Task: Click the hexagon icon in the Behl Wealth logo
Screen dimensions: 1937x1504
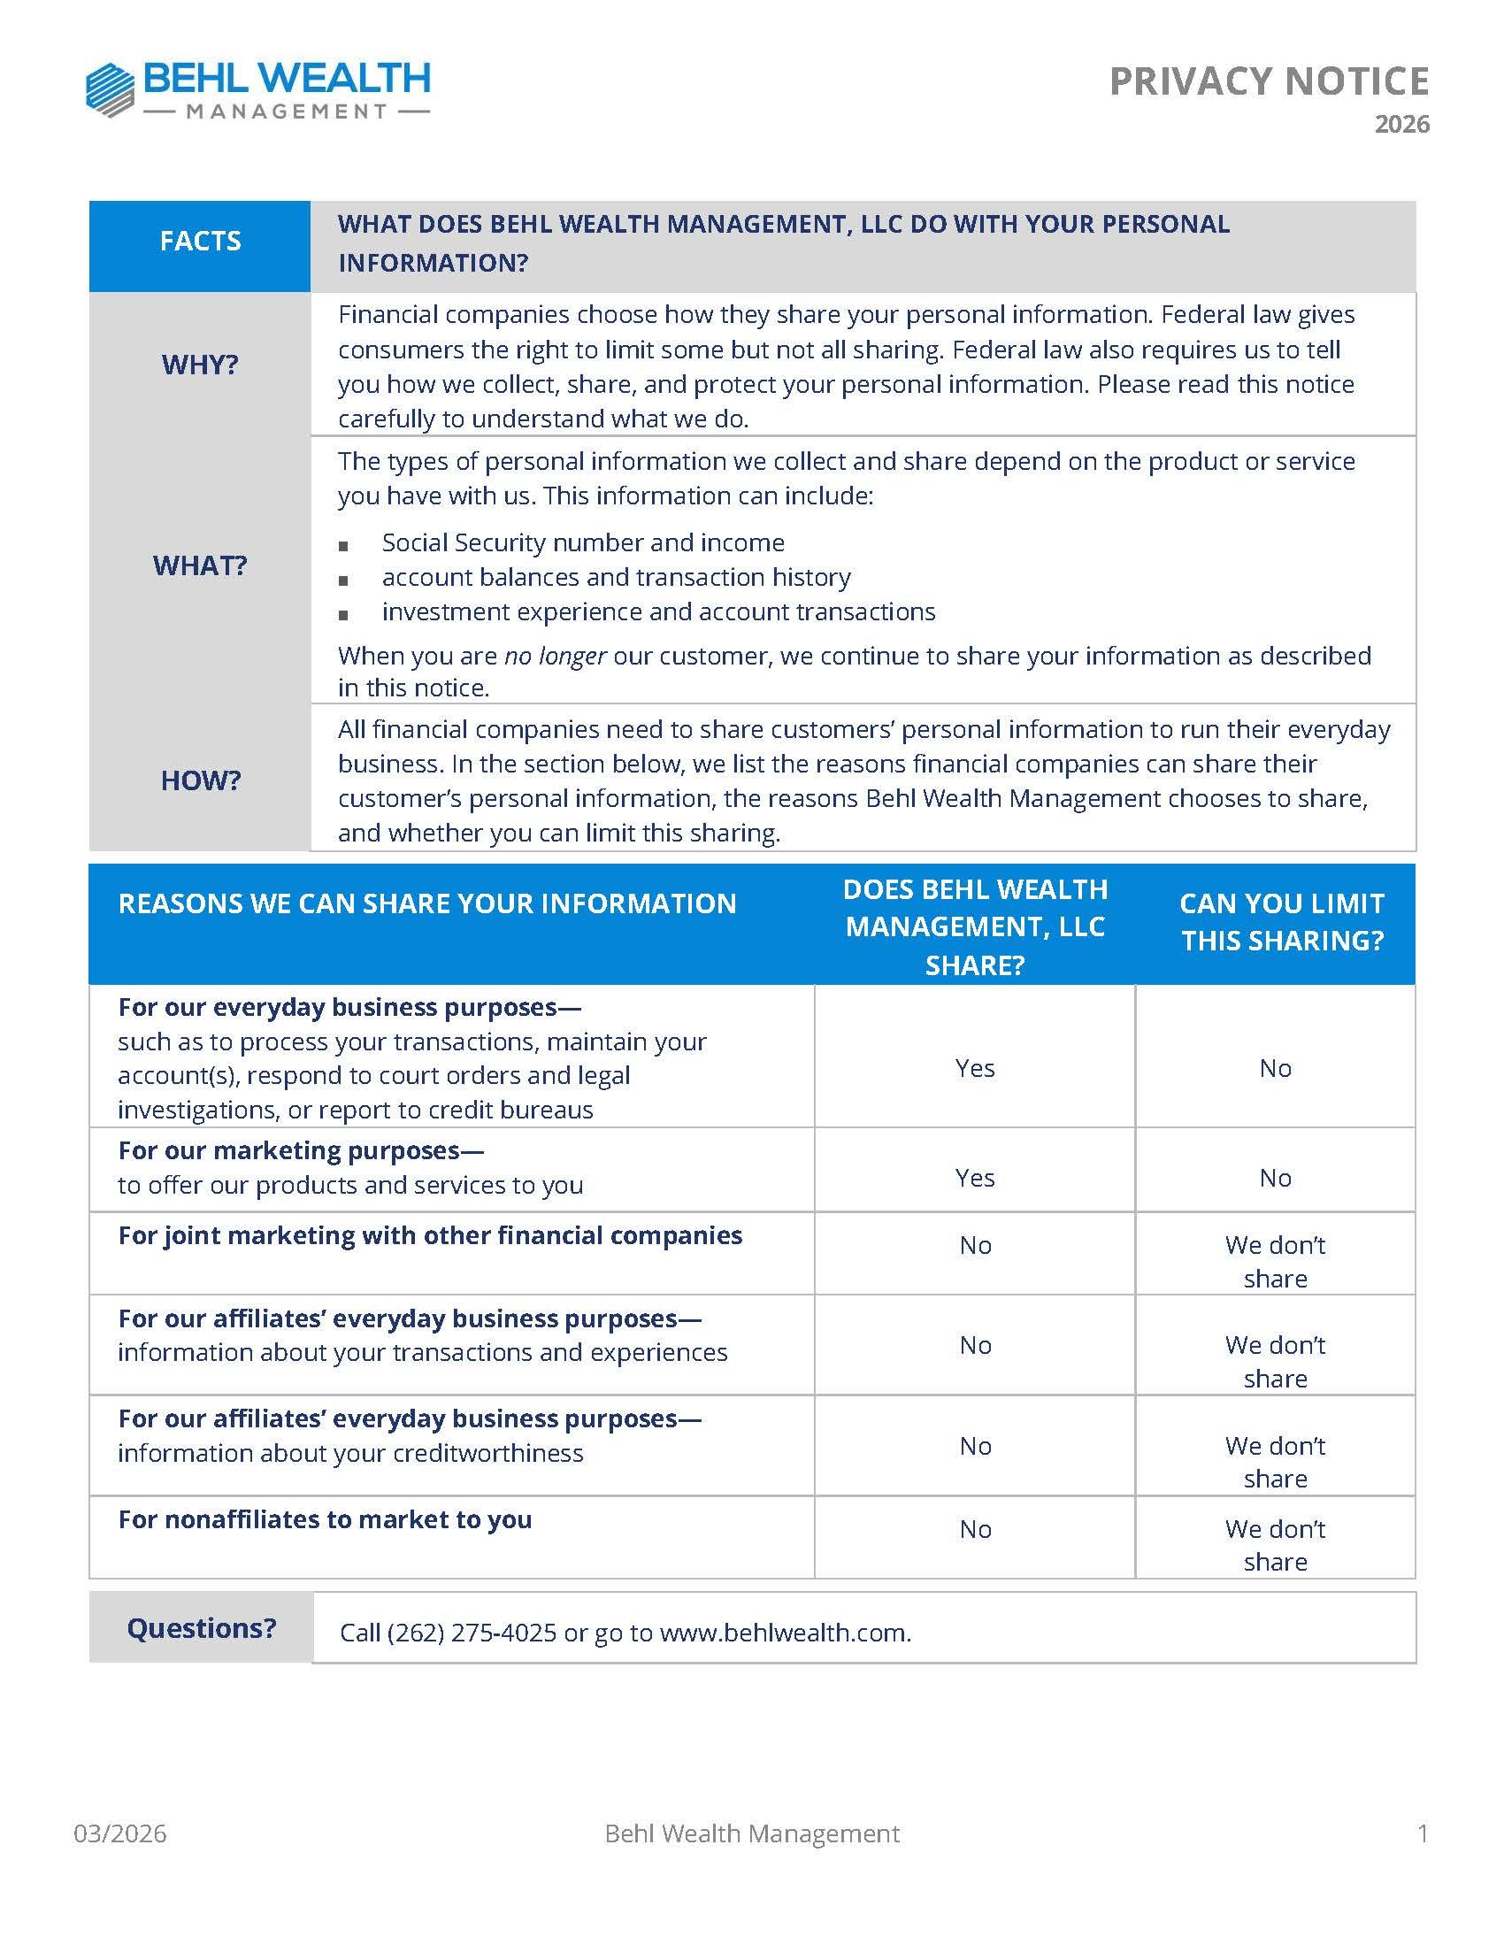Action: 110,89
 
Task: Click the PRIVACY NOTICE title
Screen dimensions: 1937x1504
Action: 1268,81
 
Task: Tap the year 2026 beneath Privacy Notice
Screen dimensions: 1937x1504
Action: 1401,124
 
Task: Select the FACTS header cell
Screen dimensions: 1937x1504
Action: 201,242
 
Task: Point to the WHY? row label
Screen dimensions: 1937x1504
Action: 201,365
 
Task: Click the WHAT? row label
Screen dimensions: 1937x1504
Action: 201,565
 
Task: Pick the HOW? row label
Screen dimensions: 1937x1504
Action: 201,780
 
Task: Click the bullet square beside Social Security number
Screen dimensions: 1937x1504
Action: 343,545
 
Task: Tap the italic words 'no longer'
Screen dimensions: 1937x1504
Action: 555,657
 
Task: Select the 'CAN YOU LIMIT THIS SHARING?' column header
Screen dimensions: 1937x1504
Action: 1281,922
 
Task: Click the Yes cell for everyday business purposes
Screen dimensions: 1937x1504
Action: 975,1069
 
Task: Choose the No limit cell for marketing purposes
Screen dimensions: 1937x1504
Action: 1275,1179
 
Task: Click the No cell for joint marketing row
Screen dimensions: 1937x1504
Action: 975,1246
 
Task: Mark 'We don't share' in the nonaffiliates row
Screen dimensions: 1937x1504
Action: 1275,1545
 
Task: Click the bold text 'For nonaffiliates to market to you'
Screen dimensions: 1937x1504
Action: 325,1520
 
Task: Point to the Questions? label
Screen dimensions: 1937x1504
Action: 202,1628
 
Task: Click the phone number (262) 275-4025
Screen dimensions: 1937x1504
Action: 472,1633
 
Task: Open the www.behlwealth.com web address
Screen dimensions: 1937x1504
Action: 784,1633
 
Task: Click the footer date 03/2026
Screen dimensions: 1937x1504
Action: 119,1833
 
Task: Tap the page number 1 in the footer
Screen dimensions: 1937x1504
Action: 1423,1833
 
